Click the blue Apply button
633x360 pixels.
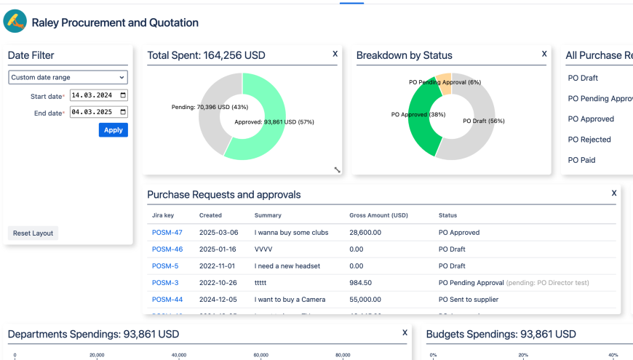tap(113, 129)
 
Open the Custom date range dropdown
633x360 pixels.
tap(68, 77)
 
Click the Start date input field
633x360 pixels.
tap(98, 95)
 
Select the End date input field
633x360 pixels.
tap(98, 112)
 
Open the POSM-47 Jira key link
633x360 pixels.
tap(167, 233)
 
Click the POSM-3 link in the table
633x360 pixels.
tap(164, 282)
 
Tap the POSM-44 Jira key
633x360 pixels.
tap(167, 299)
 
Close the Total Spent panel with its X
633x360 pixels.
tap(335, 54)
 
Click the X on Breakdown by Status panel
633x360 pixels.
tap(544, 54)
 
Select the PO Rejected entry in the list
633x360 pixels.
tap(589, 139)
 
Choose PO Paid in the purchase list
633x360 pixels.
tap(581, 159)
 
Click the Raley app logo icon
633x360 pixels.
tap(15, 22)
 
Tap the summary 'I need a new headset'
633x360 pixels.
tap(287, 266)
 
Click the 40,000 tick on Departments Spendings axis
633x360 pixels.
tap(179, 355)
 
